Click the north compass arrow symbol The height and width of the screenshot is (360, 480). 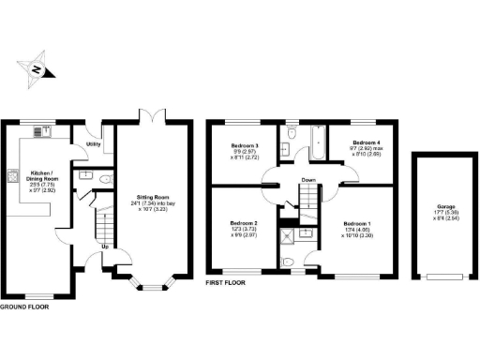pyautogui.click(x=36, y=69)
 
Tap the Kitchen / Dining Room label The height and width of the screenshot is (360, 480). pyautogui.click(x=41, y=178)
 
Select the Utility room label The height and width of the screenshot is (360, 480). pyautogui.click(x=94, y=145)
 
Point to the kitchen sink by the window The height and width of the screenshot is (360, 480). pyautogui.click(x=41, y=129)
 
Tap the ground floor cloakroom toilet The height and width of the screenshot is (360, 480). pyautogui.click(x=107, y=178)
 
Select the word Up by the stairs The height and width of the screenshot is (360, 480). pyautogui.click(x=103, y=247)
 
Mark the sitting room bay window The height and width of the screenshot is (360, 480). pyautogui.click(x=150, y=283)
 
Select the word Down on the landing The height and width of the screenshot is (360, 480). pyautogui.click(x=307, y=180)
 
